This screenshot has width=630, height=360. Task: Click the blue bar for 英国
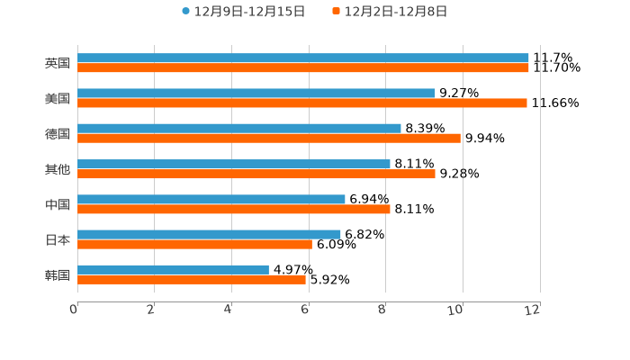click(303, 58)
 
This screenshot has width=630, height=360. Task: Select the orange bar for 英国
click(303, 68)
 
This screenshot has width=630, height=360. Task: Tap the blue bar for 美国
click(256, 94)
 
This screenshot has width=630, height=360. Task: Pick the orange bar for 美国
click(302, 103)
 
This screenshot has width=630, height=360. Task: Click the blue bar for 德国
click(239, 129)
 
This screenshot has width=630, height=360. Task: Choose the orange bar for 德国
click(269, 139)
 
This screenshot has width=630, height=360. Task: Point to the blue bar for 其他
click(234, 164)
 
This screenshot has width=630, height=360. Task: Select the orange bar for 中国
click(234, 209)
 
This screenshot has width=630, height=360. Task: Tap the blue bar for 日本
click(209, 234)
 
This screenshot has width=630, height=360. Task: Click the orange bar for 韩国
click(192, 280)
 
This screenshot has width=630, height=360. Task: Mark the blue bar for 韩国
click(173, 269)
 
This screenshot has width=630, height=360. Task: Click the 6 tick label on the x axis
click(305, 310)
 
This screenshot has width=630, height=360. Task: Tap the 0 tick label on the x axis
click(74, 310)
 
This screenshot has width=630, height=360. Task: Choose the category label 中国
click(58, 204)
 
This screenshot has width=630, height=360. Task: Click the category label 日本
click(58, 239)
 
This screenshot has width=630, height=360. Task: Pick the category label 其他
click(58, 169)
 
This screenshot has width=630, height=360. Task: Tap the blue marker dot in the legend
click(185, 12)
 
